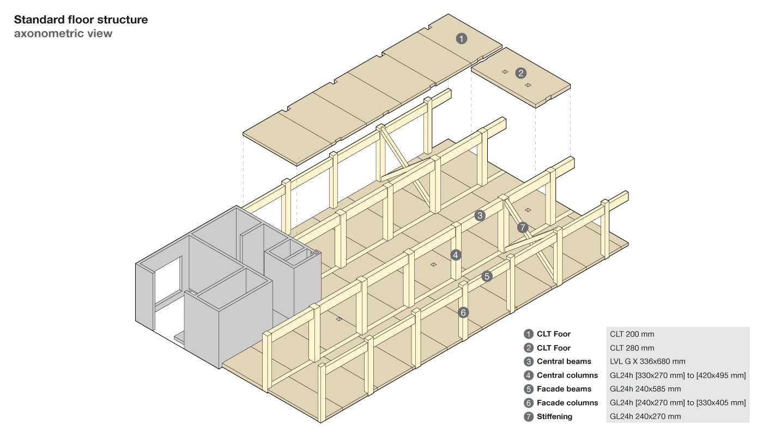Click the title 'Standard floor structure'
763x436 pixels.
click(x=81, y=20)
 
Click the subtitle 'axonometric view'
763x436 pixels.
click(x=63, y=34)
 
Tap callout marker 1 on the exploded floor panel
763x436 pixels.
click(x=462, y=39)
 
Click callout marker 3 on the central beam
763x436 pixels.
click(x=480, y=215)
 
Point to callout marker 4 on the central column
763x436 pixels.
click(x=456, y=254)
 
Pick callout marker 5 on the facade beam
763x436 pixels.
click(x=487, y=276)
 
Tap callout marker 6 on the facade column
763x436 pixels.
click(x=463, y=312)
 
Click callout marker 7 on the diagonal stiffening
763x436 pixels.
click(x=523, y=228)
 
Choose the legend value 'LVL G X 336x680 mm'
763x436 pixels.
click(x=647, y=361)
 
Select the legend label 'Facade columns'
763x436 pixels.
click(x=567, y=403)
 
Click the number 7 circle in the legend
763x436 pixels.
click(x=528, y=416)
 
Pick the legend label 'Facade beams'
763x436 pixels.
click(x=564, y=389)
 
